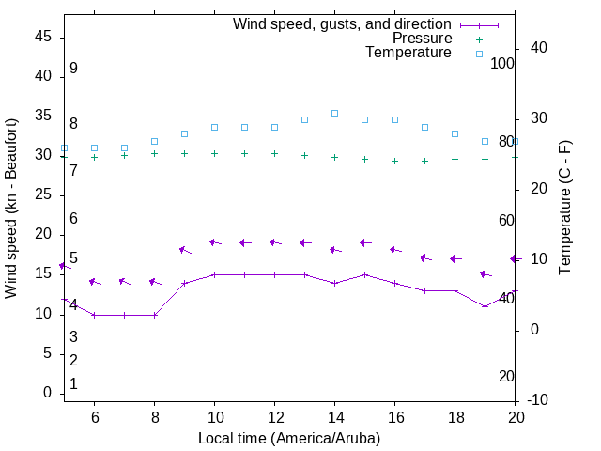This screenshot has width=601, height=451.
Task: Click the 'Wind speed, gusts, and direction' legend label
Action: tap(342, 24)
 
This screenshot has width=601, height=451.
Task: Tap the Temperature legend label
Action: tap(408, 53)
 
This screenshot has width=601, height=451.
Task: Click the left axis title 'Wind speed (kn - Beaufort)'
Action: tap(11, 209)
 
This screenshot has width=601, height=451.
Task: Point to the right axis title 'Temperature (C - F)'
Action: tap(564, 209)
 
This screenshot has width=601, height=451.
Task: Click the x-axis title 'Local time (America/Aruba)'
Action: tap(289, 438)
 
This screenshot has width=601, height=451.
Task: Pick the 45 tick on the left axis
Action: tap(43, 37)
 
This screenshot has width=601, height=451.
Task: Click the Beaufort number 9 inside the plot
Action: tap(73, 69)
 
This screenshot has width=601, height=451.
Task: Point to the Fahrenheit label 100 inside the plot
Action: tap(502, 63)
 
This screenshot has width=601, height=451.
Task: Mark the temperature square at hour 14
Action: tap(334, 113)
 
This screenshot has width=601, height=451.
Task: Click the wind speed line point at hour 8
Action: tap(154, 315)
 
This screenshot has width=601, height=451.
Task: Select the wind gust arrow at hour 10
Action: tap(214, 242)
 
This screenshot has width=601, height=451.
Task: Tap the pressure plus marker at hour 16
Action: tap(394, 161)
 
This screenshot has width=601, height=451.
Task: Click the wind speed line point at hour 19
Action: tap(485, 306)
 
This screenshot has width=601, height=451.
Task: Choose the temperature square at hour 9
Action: tap(184, 133)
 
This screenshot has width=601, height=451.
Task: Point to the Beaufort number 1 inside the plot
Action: tap(73, 384)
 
